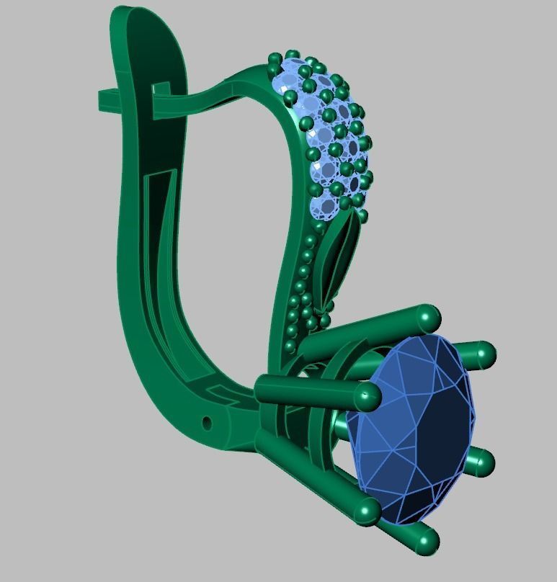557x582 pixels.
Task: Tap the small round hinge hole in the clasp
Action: pyautogui.click(x=208, y=423)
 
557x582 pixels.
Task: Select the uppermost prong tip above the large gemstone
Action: pyautogui.click(x=428, y=316)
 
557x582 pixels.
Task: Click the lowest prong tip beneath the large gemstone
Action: pyautogui.click(x=427, y=542)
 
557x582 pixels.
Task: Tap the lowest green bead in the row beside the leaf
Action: pyautogui.click(x=290, y=346)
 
